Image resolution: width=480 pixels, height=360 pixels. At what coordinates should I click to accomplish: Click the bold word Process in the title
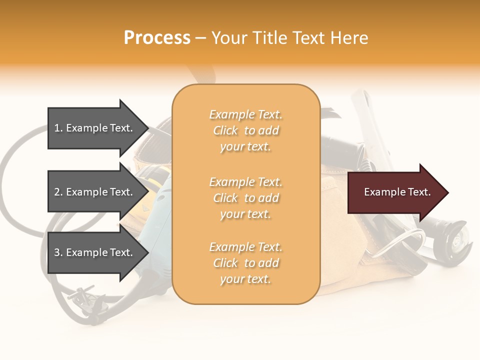[157, 38]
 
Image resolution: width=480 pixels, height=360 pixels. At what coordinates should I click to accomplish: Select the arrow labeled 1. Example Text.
[95, 128]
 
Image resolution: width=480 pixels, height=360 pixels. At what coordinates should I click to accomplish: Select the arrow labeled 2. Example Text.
[95, 192]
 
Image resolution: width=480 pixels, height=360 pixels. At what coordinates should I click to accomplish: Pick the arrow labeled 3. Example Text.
[95, 252]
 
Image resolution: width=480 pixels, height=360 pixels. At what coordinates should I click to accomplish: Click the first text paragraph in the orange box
[245, 130]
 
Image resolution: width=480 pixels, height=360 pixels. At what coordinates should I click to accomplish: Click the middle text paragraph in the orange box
[245, 198]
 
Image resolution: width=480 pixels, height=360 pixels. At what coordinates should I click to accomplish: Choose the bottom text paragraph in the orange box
[245, 263]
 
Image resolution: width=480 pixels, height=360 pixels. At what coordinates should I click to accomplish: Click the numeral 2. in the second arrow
[58, 192]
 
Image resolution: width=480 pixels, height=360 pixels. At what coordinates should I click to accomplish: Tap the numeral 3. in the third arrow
[58, 252]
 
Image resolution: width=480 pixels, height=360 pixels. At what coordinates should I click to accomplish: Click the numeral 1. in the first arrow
[58, 128]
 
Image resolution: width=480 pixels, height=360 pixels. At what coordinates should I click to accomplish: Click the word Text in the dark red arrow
[419, 192]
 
